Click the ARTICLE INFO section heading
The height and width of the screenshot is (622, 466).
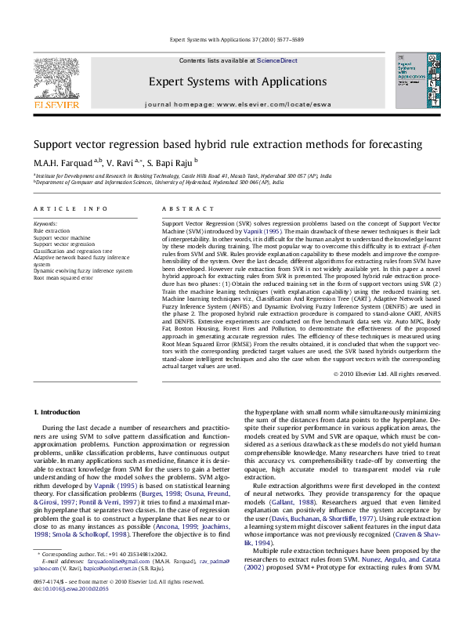pos(70,208)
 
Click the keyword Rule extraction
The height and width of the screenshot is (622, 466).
pos(51,232)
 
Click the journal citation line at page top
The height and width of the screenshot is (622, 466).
pos(232,40)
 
